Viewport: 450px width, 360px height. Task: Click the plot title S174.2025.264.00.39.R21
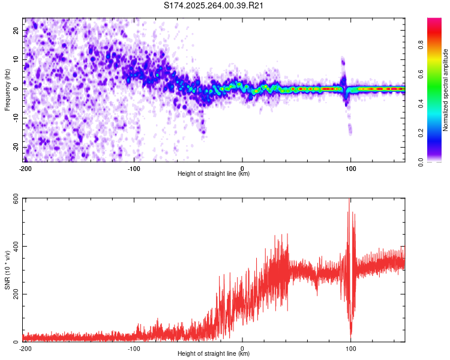(x=214, y=6)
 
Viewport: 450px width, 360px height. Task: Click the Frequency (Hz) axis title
(x=7, y=89)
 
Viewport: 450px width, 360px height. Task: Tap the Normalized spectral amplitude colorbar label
(x=445, y=90)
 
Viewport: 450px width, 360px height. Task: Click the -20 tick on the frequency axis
(x=16, y=148)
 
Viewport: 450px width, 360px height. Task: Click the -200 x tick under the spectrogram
(x=25, y=169)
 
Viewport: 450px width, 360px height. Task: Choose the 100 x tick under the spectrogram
(x=351, y=169)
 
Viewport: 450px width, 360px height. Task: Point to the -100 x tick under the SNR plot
(x=133, y=349)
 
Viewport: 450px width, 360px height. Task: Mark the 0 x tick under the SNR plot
(x=242, y=349)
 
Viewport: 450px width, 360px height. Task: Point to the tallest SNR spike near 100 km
(x=349, y=202)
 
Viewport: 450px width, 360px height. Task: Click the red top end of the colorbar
(x=434, y=20)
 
